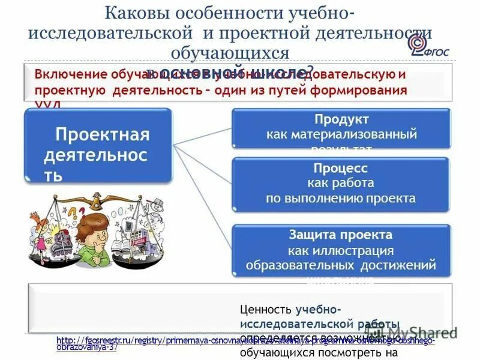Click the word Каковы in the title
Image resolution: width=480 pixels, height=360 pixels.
[136, 13]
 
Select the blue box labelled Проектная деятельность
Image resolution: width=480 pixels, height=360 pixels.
[98, 146]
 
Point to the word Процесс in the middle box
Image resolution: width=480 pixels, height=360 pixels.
[340, 168]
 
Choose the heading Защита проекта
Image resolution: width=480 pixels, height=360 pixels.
[340, 235]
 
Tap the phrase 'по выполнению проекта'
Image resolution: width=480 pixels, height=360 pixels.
[340, 198]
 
